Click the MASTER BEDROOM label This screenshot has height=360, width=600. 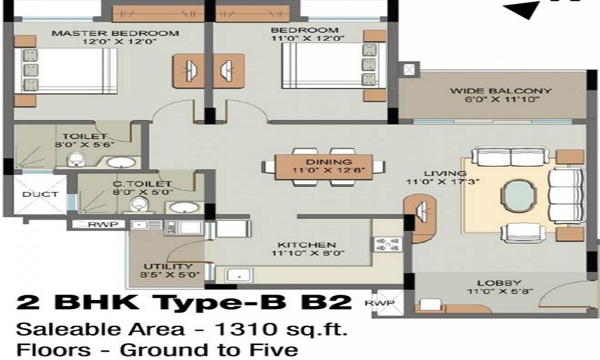115,33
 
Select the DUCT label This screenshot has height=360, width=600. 40,194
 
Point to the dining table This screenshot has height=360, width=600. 323,166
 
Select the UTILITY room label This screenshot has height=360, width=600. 168,266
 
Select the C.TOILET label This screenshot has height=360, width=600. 142,184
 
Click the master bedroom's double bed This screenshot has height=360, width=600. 66,71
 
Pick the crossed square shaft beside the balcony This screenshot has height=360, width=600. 409,70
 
